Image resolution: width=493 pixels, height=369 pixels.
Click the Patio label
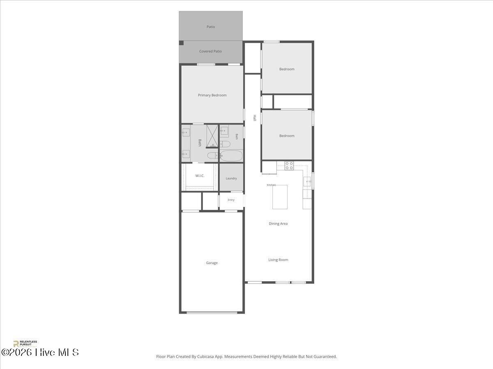click(x=211, y=27)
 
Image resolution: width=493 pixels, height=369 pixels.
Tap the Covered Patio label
click(x=210, y=51)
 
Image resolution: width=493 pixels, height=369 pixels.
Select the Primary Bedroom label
click(x=212, y=95)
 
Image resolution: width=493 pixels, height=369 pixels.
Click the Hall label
click(x=254, y=118)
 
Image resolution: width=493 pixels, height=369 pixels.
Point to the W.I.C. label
click(x=200, y=176)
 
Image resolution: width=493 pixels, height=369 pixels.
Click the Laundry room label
click(x=231, y=179)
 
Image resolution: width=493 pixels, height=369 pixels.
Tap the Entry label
click(x=231, y=200)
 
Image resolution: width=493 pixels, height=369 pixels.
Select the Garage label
click(x=212, y=263)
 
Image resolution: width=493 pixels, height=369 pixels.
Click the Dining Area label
click(x=278, y=223)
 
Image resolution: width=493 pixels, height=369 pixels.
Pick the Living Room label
click(x=278, y=260)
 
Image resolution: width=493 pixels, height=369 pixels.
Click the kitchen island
click(x=280, y=197)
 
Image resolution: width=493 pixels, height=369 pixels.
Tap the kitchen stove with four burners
click(x=289, y=166)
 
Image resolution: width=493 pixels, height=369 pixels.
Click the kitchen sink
click(x=307, y=181)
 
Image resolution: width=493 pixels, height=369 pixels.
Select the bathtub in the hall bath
click(x=231, y=155)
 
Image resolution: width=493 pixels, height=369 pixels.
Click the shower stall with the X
click(x=212, y=136)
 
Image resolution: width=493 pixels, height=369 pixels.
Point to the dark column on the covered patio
click(x=181, y=43)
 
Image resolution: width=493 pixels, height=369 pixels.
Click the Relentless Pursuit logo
click(x=25, y=344)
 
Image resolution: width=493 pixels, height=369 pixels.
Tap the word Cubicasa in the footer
click(x=205, y=356)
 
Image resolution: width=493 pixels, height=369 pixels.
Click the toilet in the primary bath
click(x=212, y=155)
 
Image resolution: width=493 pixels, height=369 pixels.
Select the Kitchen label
click(x=271, y=185)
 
